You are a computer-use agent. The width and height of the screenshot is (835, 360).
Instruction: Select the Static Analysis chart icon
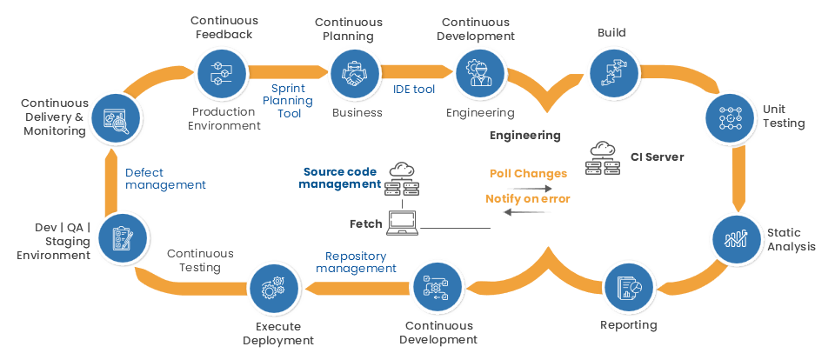click(x=738, y=237)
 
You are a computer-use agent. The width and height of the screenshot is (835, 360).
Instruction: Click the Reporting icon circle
click(x=629, y=290)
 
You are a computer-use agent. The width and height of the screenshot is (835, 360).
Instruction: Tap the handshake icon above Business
click(x=355, y=75)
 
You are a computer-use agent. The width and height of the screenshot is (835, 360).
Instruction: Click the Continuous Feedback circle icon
click(x=222, y=75)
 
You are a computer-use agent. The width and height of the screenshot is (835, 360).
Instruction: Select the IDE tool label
click(x=414, y=89)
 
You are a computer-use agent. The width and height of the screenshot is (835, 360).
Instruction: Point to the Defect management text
click(x=165, y=178)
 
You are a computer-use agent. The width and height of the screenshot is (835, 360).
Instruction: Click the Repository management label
click(x=356, y=263)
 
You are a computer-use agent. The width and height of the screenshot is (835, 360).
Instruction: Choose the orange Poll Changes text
click(x=528, y=174)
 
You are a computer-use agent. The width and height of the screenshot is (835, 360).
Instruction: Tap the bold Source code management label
click(x=341, y=178)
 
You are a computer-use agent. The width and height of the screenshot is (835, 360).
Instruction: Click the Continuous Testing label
click(x=200, y=261)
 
